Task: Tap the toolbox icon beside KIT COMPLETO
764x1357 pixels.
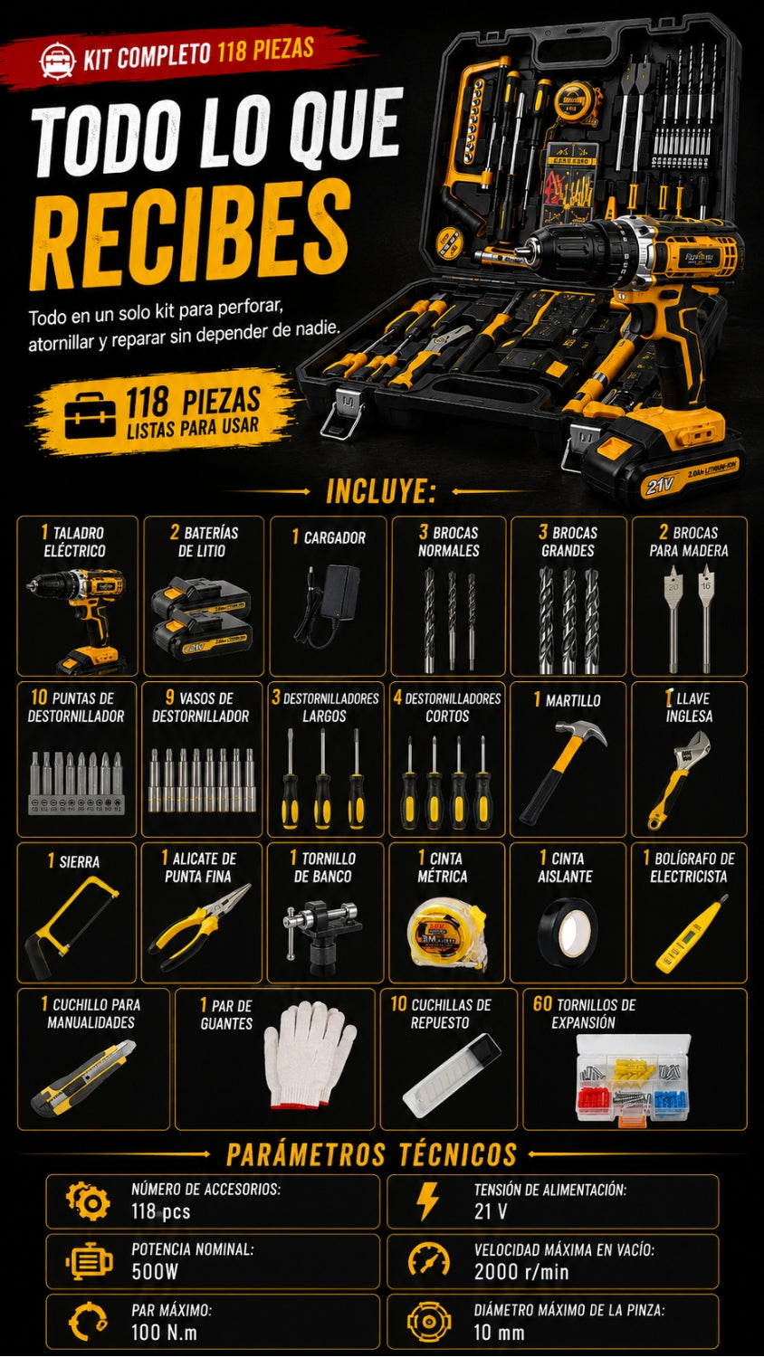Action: pos(58,60)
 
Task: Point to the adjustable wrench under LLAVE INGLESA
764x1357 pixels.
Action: pos(678,779)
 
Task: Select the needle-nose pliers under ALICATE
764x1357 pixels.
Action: pos(199,927)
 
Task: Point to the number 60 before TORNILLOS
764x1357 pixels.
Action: pos(543,1004)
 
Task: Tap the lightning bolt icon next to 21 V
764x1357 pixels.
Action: pos(427,1200)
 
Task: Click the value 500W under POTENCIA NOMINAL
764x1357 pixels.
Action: pos(155,1272)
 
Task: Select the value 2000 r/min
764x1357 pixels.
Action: pos(521,1272)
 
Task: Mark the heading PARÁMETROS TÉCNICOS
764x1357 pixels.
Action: pos(371,1154)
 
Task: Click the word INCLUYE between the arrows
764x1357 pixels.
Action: pos(381,490)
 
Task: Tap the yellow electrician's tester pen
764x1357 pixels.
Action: pos(692,933)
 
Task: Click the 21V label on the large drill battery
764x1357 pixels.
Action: pos(660,485)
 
